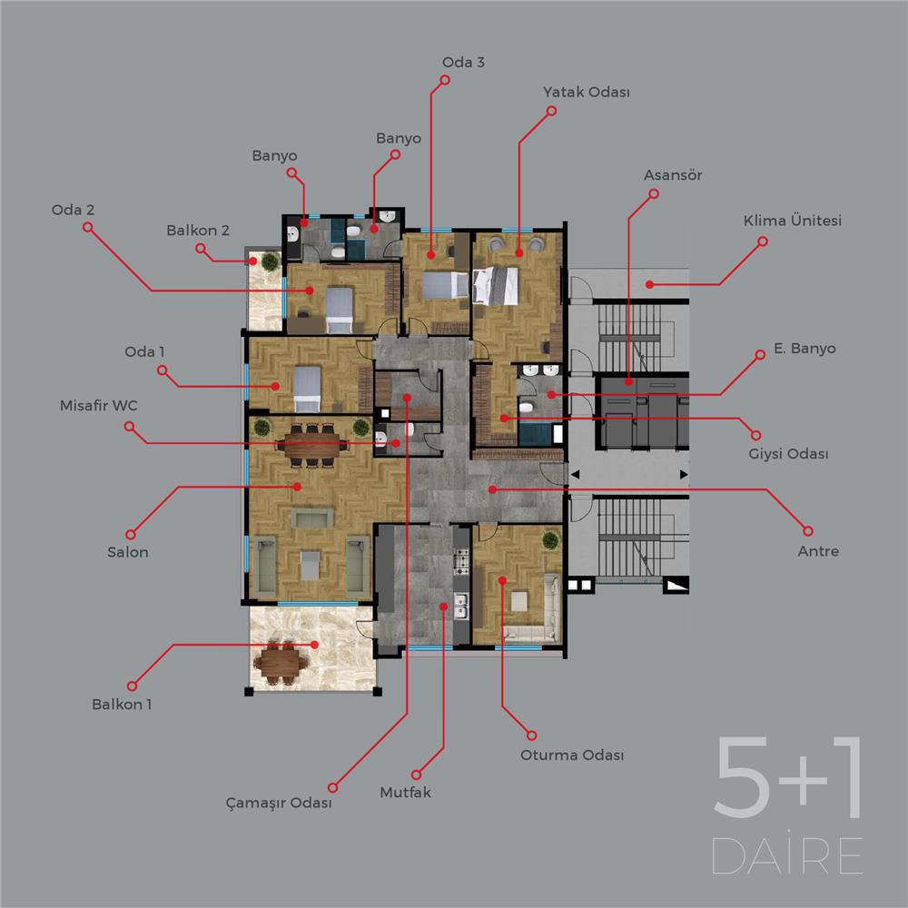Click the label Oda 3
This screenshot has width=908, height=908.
point(463,62)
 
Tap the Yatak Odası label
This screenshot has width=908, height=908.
point(586,92)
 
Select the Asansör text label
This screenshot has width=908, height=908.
point(673,175)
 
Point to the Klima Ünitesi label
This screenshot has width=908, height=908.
point(792,220)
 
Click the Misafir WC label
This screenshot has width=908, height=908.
point(99,405)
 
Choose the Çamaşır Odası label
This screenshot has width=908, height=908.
point(279,803)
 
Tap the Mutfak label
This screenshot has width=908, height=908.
point(405,792)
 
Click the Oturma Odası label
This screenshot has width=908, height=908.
point(572,755)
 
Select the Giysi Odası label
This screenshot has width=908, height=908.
point(788,453)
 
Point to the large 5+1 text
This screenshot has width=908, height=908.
point(787,777)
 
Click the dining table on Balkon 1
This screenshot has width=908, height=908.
point(281,661)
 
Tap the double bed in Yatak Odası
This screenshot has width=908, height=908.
point(495,285)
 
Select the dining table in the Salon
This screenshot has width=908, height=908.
point(312,445)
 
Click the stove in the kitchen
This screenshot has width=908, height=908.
point(461,559)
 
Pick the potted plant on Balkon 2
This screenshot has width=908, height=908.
point(271,262)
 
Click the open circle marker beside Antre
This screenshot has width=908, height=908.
point(808,530)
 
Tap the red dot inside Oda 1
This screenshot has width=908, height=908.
point(276,386)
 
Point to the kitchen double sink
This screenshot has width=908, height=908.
point(461,606)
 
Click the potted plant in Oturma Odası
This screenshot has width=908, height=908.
point(551,541)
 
